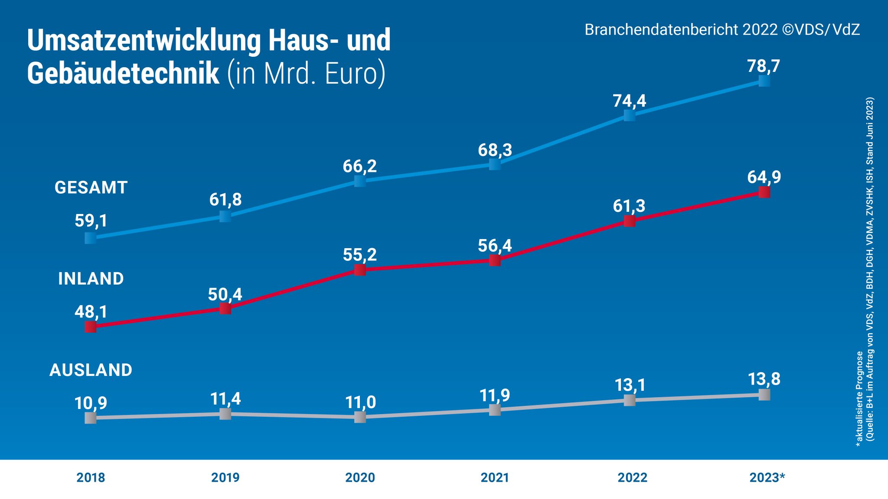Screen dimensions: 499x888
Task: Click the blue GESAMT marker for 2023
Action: [764, 81]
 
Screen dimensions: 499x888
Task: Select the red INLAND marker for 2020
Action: [360, 270]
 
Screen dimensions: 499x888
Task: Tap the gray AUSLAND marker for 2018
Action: [90, 418]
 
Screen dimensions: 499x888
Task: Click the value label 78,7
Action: [764, 66]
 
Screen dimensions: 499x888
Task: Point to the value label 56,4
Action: [495, 246]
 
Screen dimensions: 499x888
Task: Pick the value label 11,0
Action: [360, 402]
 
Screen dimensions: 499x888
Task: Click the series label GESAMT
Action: [91, 188]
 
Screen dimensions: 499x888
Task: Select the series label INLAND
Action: [91, 279]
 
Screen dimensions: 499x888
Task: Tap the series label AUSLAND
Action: [91, 370]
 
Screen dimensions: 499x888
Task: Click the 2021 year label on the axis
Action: [495, 477]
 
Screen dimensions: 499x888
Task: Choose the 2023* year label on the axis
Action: [767, 477]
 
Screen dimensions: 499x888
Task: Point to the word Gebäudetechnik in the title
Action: [123, 73]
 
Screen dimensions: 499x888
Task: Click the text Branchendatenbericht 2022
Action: [681, 29]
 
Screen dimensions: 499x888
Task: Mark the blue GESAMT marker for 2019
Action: [225, 216]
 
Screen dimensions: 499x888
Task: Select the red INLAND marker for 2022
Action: [629, 221]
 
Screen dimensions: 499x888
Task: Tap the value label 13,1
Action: [630, 385]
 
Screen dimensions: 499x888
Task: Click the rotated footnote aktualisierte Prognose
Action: [859, 399]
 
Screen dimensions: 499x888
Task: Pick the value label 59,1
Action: [91, 220]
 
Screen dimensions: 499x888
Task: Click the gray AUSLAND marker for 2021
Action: [495, 410]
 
